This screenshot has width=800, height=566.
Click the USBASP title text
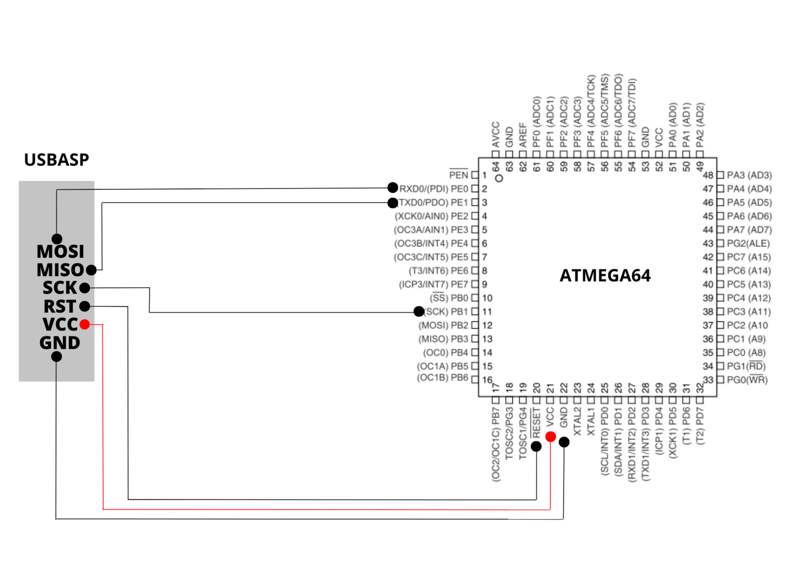pos(57,160)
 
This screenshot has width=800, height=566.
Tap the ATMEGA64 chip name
pos(605,276)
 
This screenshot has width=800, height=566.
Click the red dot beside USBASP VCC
pos(85,324)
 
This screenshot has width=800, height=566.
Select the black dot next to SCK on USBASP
pos(85,288)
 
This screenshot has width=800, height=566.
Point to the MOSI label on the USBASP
pos(60,251)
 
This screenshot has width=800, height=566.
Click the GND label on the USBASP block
pos(60,343)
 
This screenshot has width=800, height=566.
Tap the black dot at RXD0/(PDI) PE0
pos(393,187)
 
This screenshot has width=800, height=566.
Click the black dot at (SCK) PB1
pos(419,311)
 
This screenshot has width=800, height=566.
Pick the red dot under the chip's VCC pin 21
pos(550,437)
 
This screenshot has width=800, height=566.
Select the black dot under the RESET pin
pos(537,446)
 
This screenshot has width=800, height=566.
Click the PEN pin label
pos(458,175)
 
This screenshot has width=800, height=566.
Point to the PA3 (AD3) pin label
pos(749,175)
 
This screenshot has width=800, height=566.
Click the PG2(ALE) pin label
pos(748,243)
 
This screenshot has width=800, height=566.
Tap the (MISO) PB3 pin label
pos(443,339)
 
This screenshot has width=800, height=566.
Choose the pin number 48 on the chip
pos(708,175)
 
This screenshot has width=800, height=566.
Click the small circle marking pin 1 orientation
pos(499,178)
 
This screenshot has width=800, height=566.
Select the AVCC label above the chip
pos(496,135)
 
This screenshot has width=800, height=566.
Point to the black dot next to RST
pos(85,306)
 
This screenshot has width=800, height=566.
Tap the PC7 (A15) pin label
pos(749,257)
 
